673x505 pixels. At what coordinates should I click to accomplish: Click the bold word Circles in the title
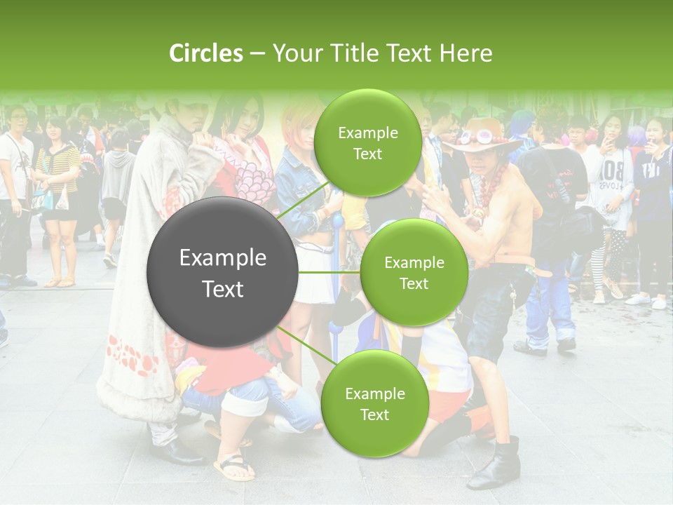pyautogui.click(x=205, y=53)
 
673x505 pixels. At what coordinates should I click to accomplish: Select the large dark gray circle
pyautogui.click(x=223, y=273)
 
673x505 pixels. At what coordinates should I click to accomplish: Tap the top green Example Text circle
pyautogui.click(x=367, y=142)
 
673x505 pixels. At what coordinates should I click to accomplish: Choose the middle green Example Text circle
pyautogui.click(x=414, y=272)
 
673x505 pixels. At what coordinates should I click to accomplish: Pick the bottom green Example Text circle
pyautogui.click(x=374, y=403)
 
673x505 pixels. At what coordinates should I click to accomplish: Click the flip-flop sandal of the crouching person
pyautogui.click(x=234, y=467)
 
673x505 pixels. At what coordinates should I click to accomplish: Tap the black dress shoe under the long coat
pyautogui.click(x=175, y=452)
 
